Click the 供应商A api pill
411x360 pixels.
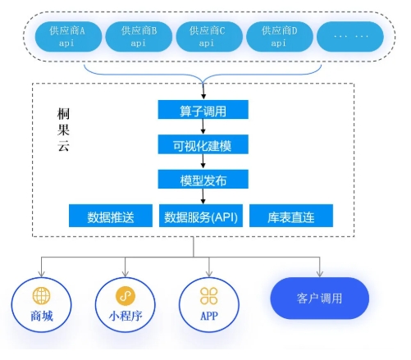pos(68,37)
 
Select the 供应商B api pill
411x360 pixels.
pos(139,37)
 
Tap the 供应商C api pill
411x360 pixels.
pos(209,37)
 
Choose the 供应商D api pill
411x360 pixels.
pos(280,37)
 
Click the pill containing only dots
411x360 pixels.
pos(350,37)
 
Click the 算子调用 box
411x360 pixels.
pos(203,110)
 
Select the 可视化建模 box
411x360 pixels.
pos(203,144)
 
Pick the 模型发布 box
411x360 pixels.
pos(203,179)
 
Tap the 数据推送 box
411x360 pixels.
pos(111,216)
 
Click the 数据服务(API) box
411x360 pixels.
pos(201,216)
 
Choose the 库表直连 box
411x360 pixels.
pos(291,216)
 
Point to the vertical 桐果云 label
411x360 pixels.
pos(63,130)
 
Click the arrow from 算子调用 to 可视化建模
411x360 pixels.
pos(203,126)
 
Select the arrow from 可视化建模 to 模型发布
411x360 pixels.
pos(203,162)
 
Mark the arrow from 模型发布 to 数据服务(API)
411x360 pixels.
pos(203,196)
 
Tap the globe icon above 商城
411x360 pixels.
pos(41,295)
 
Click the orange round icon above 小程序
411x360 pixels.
pos(126,295)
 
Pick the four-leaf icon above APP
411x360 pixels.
pos(209,296)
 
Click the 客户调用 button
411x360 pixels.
pos(320,298)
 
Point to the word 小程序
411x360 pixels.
pos(126,317)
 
